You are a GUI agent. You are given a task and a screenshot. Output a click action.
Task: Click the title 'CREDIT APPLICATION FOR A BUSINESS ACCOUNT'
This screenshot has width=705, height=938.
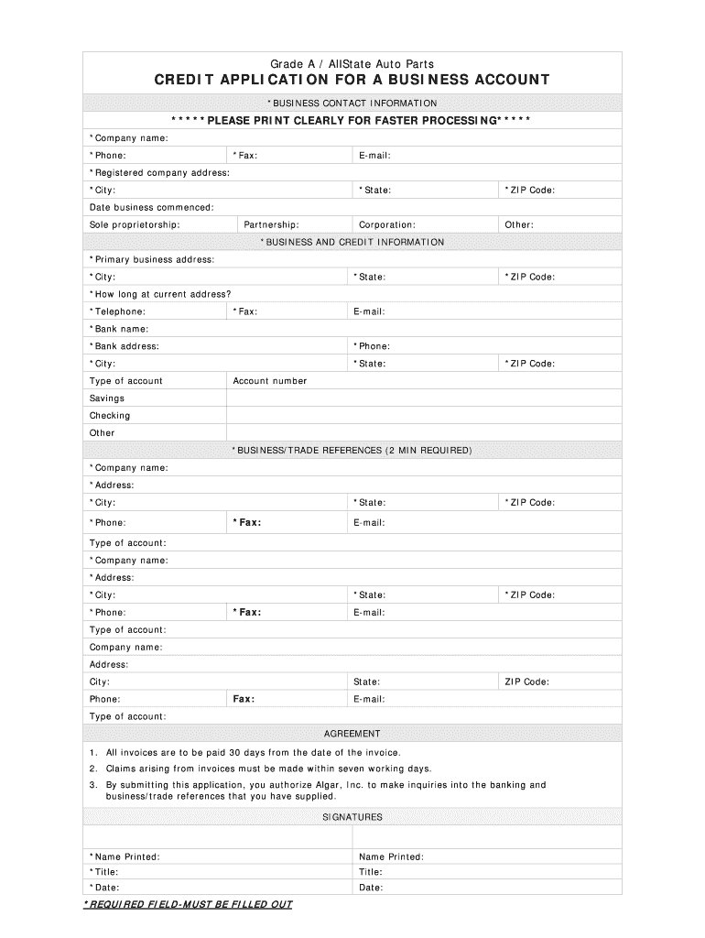pyautogui.click(x=352, y=81)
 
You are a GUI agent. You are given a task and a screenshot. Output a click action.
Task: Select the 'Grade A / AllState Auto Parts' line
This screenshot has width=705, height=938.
pyautogui.click(x=352, y=63)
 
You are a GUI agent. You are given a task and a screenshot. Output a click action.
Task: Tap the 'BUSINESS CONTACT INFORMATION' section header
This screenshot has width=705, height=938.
pyautogui.click(x=352, y=104)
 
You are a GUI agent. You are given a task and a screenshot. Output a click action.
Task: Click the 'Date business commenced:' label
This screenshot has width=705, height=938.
pyautogui.click(x=151, y=208)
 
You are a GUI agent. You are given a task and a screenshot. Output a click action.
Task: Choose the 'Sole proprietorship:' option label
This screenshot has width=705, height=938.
pyautogui.click(x=135, y=225)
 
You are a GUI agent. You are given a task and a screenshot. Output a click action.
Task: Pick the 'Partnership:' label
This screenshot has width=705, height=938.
pyautogui.click(x=271, y=225)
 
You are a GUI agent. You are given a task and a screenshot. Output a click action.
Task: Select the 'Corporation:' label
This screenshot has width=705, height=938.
pyautogui.click(x=386, y=225)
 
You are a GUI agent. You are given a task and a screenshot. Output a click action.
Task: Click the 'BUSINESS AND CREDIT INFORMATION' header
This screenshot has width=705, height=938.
pyautogui.click(x=352, y=243)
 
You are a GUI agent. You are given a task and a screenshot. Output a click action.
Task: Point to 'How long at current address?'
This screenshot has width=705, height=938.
pyautogui.click(x=160, y=295)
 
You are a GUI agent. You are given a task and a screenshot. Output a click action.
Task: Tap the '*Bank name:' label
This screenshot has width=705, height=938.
pyautogui.click(x=118, y=329)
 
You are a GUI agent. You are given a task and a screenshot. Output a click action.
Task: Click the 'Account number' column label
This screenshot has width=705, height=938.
pyautogui.click(x=270, y=381)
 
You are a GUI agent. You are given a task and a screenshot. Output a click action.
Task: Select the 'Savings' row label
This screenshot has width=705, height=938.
pyautogui.click(x=107, y=398)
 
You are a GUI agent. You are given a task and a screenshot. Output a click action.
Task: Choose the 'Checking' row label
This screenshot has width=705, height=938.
pyautogui.click(x=110, y=416)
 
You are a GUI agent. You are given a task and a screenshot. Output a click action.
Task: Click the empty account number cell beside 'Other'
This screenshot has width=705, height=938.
pyautogui.click(x=423, y=433)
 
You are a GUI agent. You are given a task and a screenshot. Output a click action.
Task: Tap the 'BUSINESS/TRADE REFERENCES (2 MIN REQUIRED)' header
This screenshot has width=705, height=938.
pyautogui.click(x=352, y=451)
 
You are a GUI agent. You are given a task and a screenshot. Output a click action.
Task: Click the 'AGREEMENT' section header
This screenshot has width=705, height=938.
pyautogui.click(x=352, y=734)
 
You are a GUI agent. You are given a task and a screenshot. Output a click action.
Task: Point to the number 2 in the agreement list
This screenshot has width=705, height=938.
pyautogui.click(x=93, y=769)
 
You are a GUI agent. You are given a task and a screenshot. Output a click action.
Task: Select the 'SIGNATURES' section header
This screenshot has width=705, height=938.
pyautogui.click(x=352, y=817)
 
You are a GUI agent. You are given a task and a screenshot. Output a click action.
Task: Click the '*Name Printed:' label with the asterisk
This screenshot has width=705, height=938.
pyautogui.click(x=125, y=857)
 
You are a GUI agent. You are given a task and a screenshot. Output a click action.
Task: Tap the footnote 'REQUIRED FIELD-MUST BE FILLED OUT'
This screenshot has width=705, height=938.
pyautogui.click(x=188, y=905)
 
